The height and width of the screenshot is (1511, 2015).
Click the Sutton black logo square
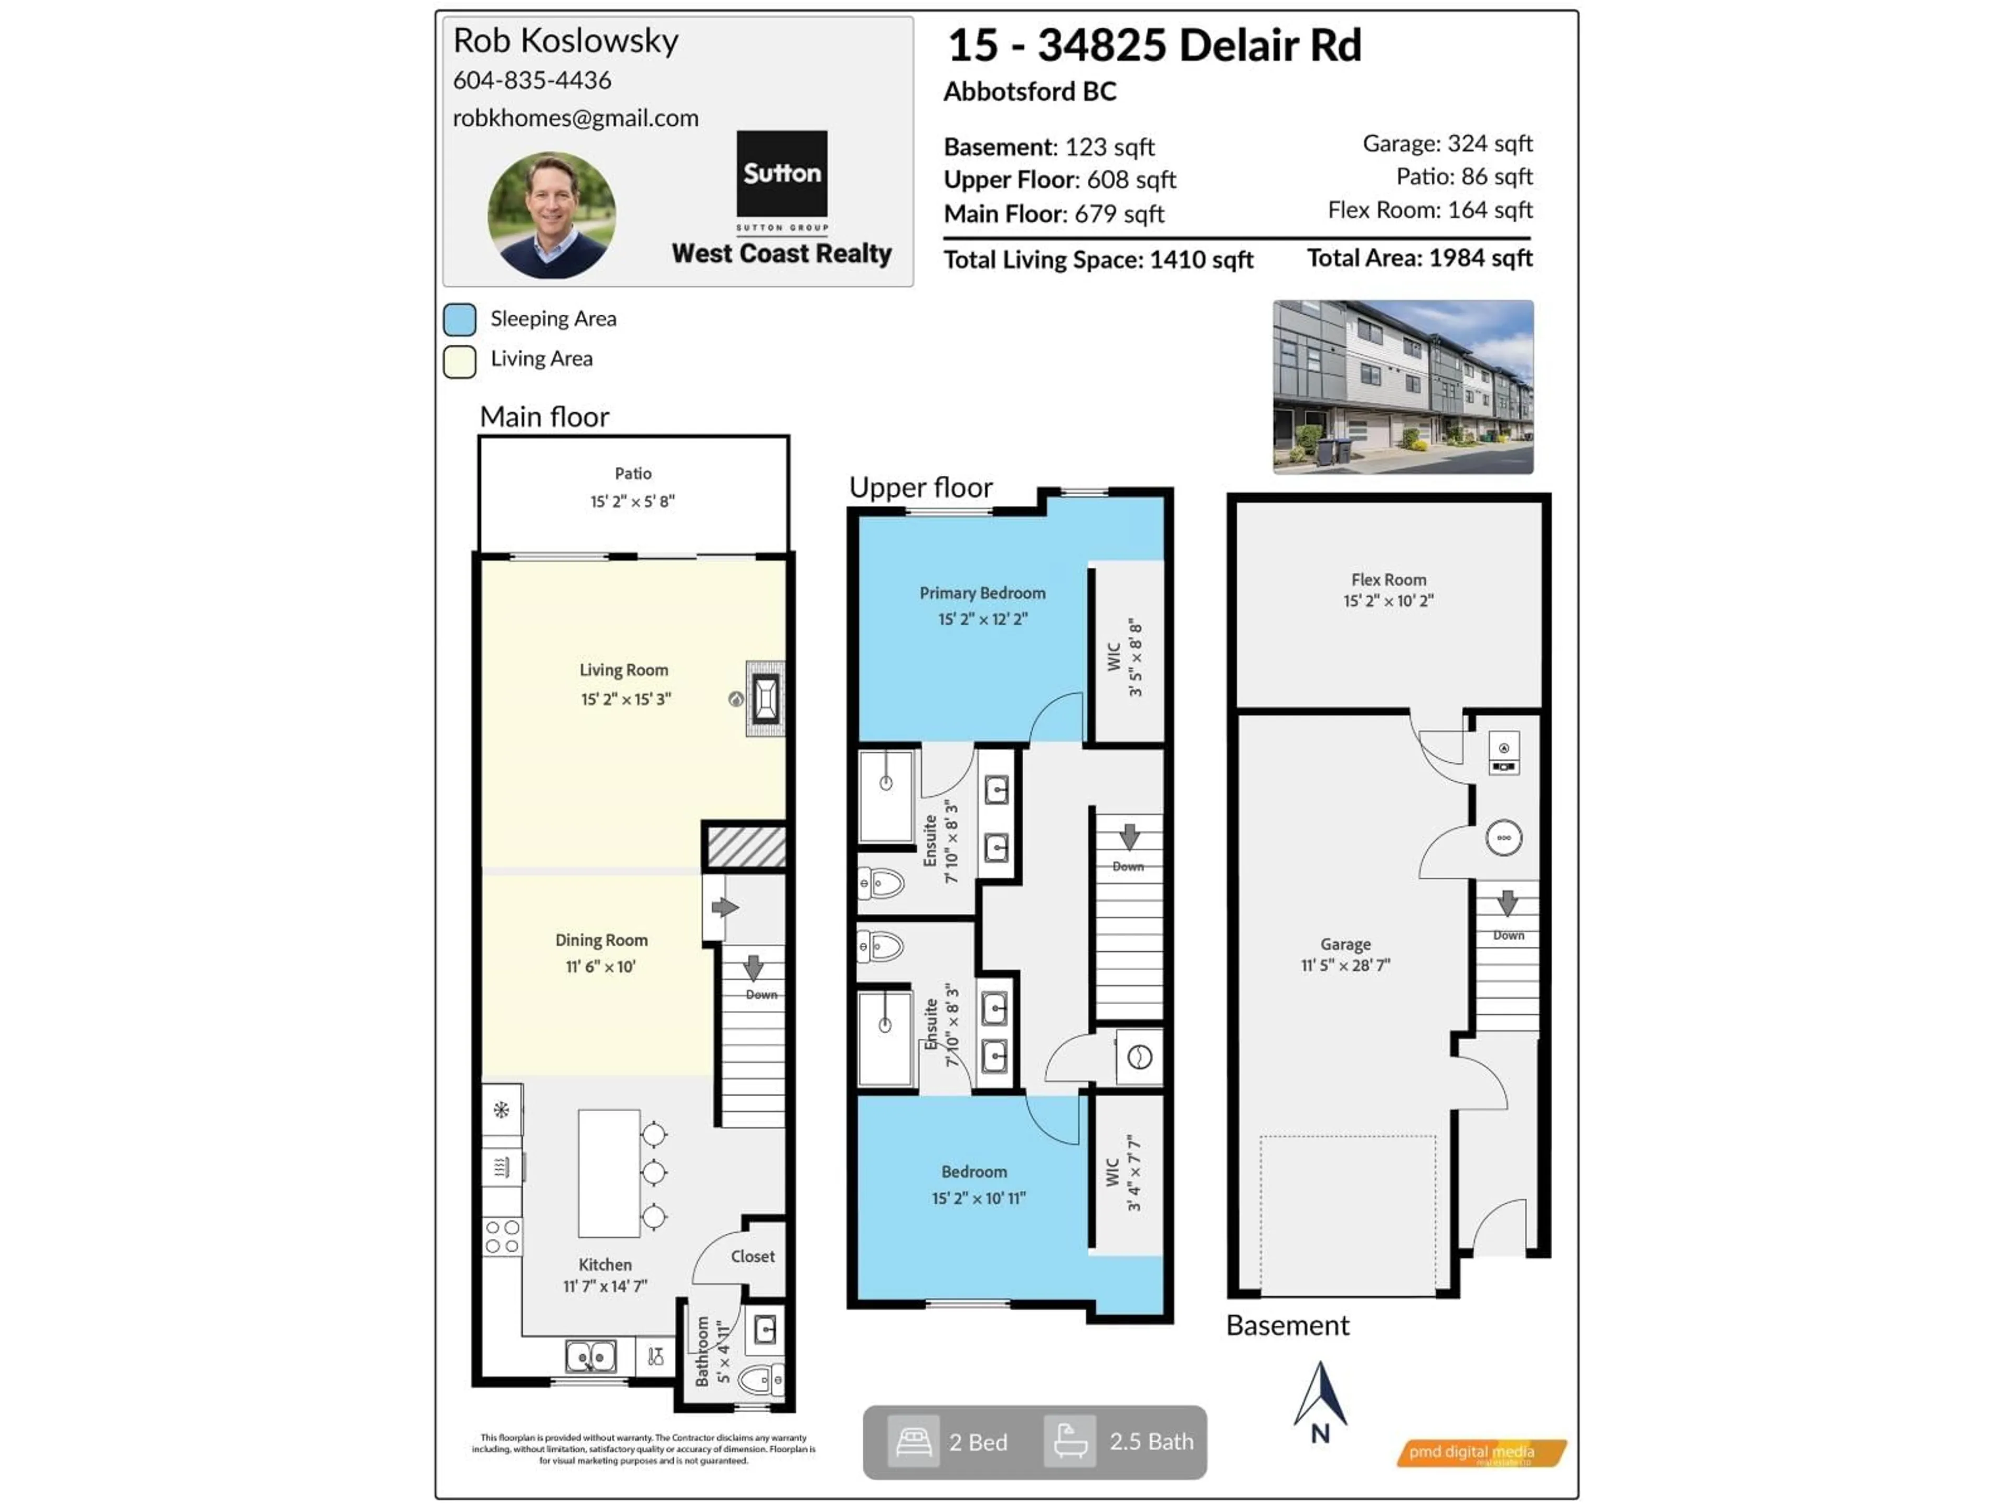pos(781,173)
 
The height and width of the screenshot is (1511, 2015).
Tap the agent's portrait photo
pos(551,215)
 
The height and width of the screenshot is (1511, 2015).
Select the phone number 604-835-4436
pos(532,80)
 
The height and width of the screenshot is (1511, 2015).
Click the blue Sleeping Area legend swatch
pos(459,320)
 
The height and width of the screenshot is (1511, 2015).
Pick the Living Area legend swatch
pos(459,360)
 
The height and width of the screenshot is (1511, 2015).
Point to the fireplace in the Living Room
pos(765,699)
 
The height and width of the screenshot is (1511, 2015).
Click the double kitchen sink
pos(590,1356)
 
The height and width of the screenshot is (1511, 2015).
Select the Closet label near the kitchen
pos(752,1256)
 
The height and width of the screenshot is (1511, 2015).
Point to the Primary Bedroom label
pos(982,593)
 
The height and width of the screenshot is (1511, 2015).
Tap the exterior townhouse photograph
pos(1402,387)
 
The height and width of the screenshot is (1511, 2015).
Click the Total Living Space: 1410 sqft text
pos(1098,260)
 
